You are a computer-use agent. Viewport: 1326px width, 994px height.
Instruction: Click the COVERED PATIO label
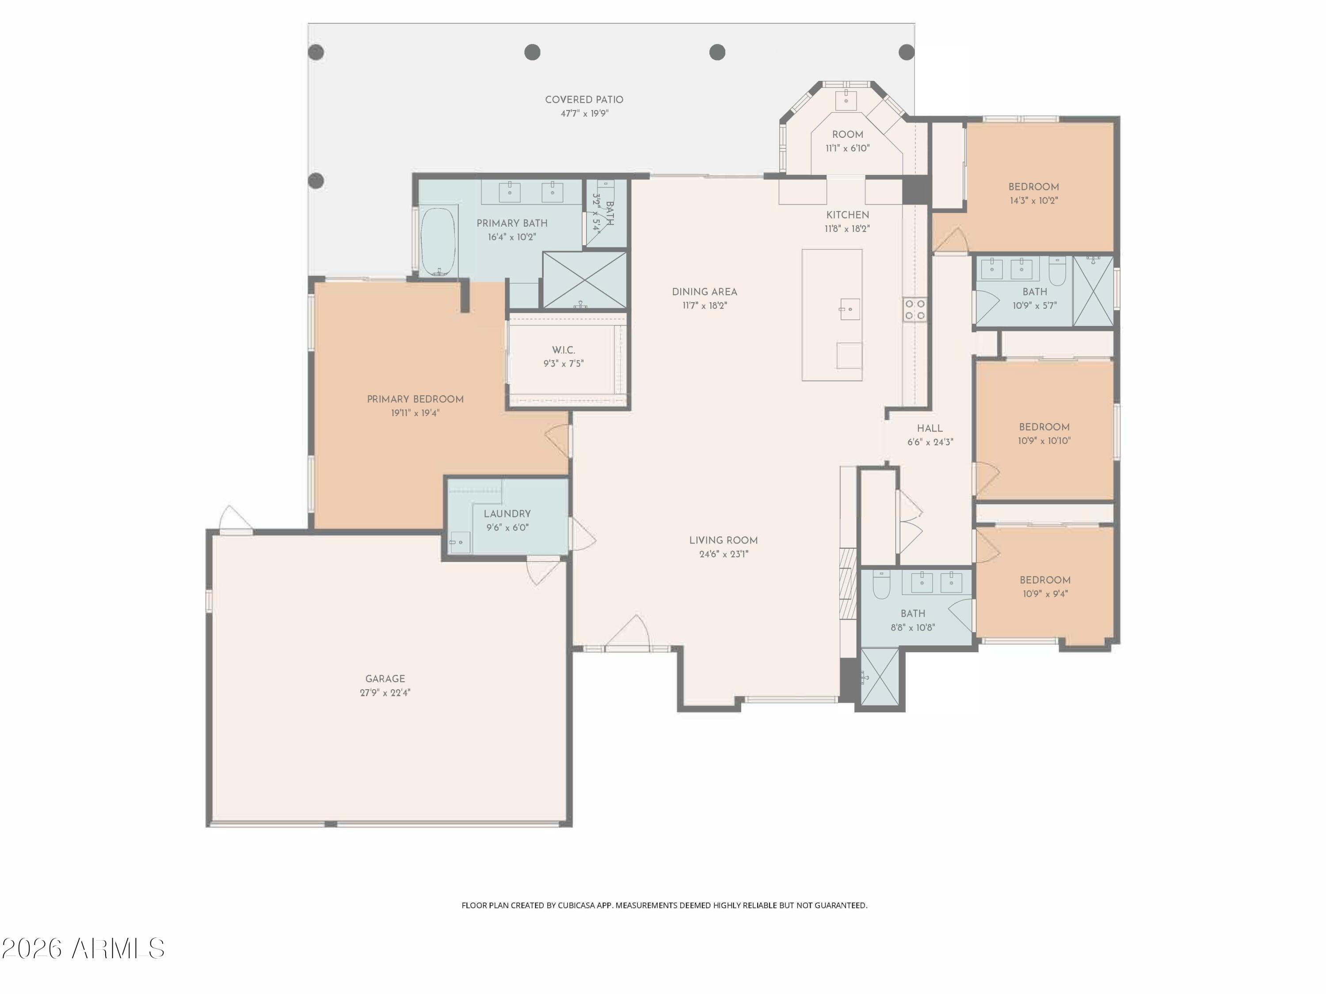pos(584,100)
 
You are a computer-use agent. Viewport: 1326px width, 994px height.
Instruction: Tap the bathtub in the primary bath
pos(438,242)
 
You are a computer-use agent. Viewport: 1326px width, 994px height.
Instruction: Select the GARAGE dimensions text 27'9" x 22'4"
pos(385,693)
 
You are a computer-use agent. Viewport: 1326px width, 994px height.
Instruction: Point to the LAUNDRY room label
pos(507,514)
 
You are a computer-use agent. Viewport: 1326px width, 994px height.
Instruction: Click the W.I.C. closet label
pos(564,350)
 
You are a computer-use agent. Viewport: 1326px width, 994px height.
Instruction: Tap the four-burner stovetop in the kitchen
pos(915,310)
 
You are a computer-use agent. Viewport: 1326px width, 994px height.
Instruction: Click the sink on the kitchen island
pos(850,309)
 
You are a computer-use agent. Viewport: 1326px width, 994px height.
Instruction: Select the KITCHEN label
pos(847,215)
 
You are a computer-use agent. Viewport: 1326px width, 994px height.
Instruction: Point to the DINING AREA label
pos(705,292)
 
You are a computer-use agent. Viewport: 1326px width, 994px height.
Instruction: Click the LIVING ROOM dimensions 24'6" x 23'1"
pos(724,554)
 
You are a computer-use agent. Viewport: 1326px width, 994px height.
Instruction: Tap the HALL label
pos(930,429)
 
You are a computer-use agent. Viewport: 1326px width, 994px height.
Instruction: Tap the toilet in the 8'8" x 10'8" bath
pos(880,585)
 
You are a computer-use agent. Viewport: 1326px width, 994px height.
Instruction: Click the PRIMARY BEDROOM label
pos(415,399)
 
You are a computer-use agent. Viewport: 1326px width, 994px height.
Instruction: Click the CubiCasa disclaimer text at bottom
pos(664,905)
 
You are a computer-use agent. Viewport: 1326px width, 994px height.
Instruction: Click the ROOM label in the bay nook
pos(847,135)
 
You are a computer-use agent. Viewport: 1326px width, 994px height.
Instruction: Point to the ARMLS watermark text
pos(84,948)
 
